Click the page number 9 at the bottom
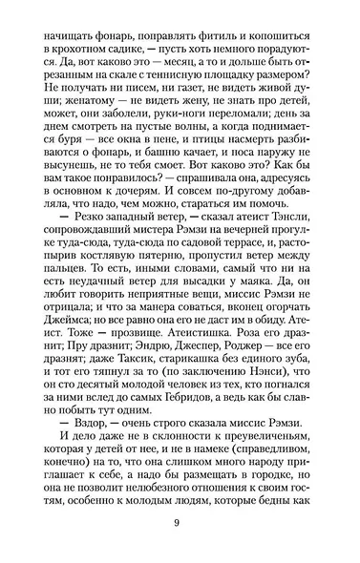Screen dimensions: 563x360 coord(180,520)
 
